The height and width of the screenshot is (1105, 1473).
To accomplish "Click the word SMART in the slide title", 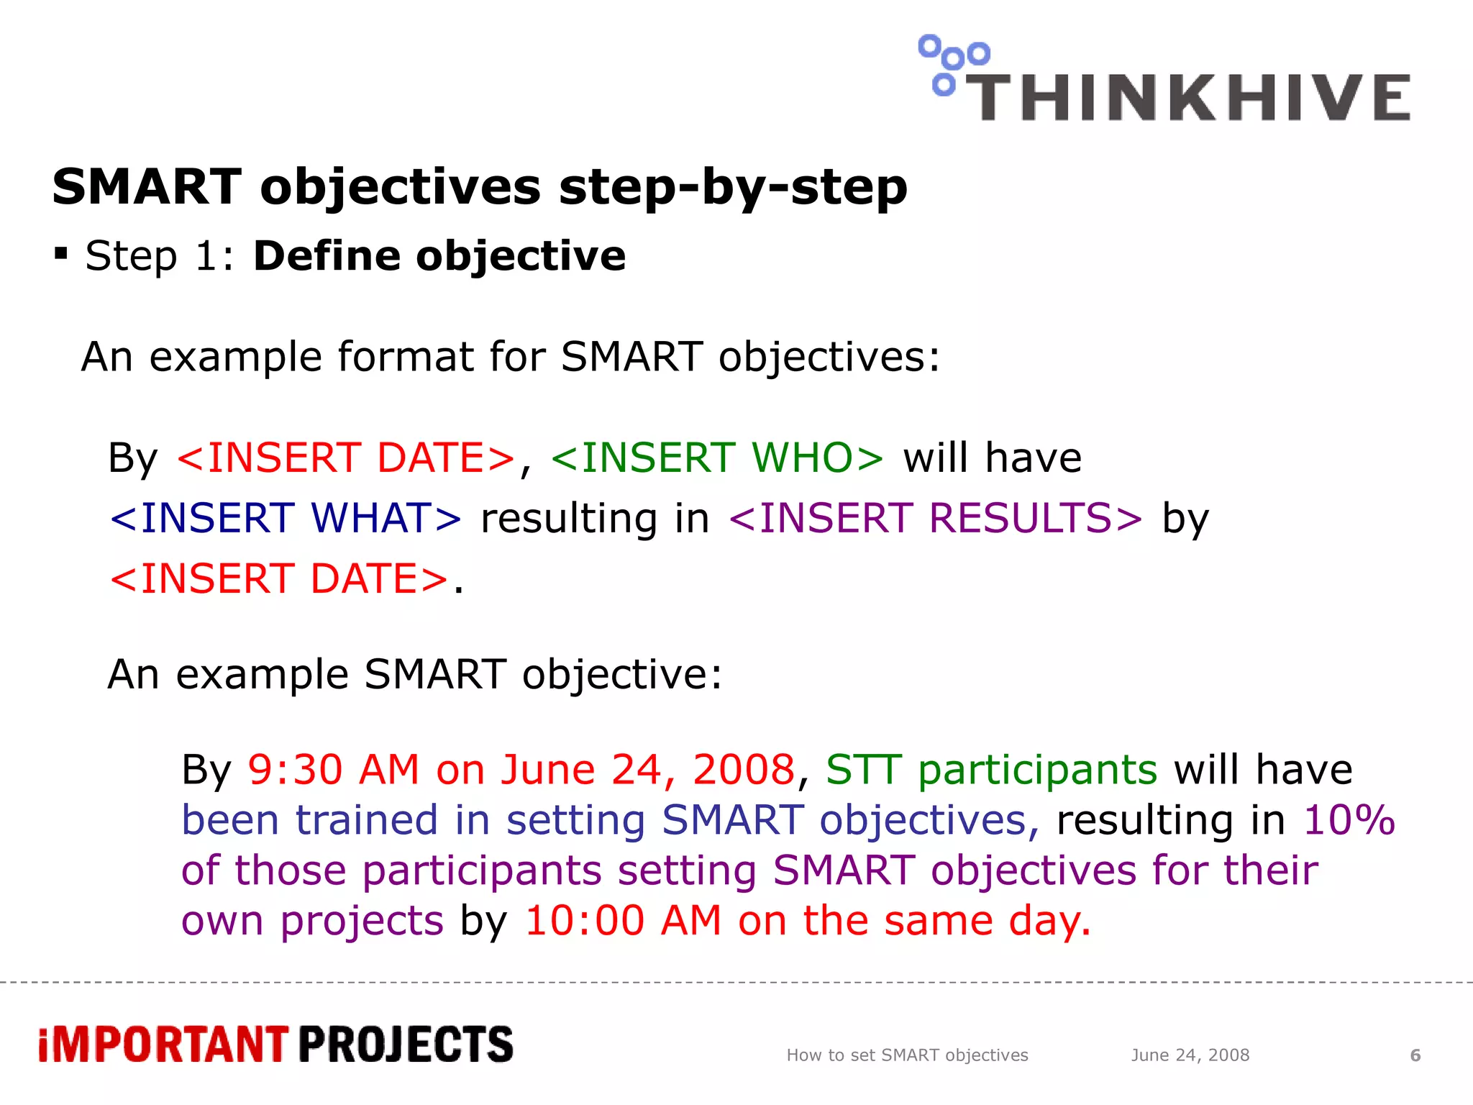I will pyautogui.click(x=147, y=187).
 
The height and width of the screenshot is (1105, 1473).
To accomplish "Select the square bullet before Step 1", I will pyautogui.click(x=61, y=254).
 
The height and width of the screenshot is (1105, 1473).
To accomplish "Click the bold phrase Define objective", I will pyautogui.click(x=439, y=256).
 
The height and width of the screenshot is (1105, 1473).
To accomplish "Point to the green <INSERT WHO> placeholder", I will pyautogui.click(x=717, y=458).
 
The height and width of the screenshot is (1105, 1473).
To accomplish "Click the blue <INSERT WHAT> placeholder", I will pyautogui.click(x=286, y=518).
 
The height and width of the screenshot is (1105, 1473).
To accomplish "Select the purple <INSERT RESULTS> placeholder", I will pyautogui.click(x=935, y=518).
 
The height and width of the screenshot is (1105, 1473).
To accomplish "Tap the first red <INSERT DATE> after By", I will pyautogui.click(x=346, y=458).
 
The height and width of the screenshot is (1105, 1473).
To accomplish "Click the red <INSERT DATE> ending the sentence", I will pyautogui.click(x=279, y=578).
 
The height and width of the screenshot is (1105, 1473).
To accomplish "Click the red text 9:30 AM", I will pyautogui.click(x=333, y=769).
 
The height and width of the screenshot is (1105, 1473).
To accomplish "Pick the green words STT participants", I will pyautogui.click(x=991, y=769).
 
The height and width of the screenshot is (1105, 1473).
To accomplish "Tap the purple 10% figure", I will pyautogui.click(x=1349, y=819).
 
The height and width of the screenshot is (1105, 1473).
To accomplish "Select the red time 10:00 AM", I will pyautogui.click(x=623, y=920).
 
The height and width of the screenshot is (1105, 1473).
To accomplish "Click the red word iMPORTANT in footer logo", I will pyautogui.click(x=163, y=1045).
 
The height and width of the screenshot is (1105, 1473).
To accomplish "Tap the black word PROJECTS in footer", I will pyautogui.click(x=406, y=1045).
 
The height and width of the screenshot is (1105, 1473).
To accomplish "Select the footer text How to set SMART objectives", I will pyautogui.click(x=907, y=1055).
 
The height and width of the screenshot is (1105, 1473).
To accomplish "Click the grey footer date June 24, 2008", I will pyautogui.click(x=1190, y=1055).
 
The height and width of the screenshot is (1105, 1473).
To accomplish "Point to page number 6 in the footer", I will pyautogui.click(x=1415, y=1055).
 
